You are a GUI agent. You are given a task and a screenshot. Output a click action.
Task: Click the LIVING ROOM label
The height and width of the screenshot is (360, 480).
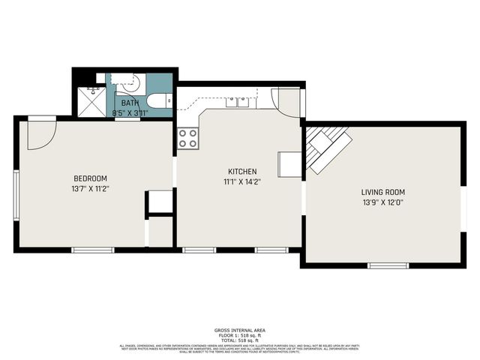[x=382, y=192]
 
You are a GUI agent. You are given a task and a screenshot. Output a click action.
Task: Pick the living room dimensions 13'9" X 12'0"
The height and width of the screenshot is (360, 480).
[x=382, y=202]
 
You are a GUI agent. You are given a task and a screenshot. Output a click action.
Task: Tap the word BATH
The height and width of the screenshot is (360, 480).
[x=130, y=103]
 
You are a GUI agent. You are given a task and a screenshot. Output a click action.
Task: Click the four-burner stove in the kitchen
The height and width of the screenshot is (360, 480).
[x=188, y=138]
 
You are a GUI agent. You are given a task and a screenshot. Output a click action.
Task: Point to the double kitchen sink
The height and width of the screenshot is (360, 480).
[x=238, y=101]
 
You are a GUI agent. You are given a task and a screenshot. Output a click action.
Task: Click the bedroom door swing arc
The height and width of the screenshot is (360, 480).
[x=41, y=133]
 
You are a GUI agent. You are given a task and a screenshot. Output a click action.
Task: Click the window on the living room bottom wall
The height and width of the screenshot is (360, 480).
[x=388, y=265]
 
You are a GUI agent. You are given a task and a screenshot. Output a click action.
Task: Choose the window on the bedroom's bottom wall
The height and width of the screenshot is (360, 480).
[x=92, y=249]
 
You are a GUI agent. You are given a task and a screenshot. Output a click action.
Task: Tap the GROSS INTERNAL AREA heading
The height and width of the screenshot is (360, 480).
[x=239, y=330]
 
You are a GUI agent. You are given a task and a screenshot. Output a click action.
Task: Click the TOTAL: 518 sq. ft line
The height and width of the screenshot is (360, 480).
[x=239, y=340]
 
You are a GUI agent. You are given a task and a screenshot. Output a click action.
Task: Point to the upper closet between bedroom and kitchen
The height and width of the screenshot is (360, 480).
[x=160, y=202]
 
